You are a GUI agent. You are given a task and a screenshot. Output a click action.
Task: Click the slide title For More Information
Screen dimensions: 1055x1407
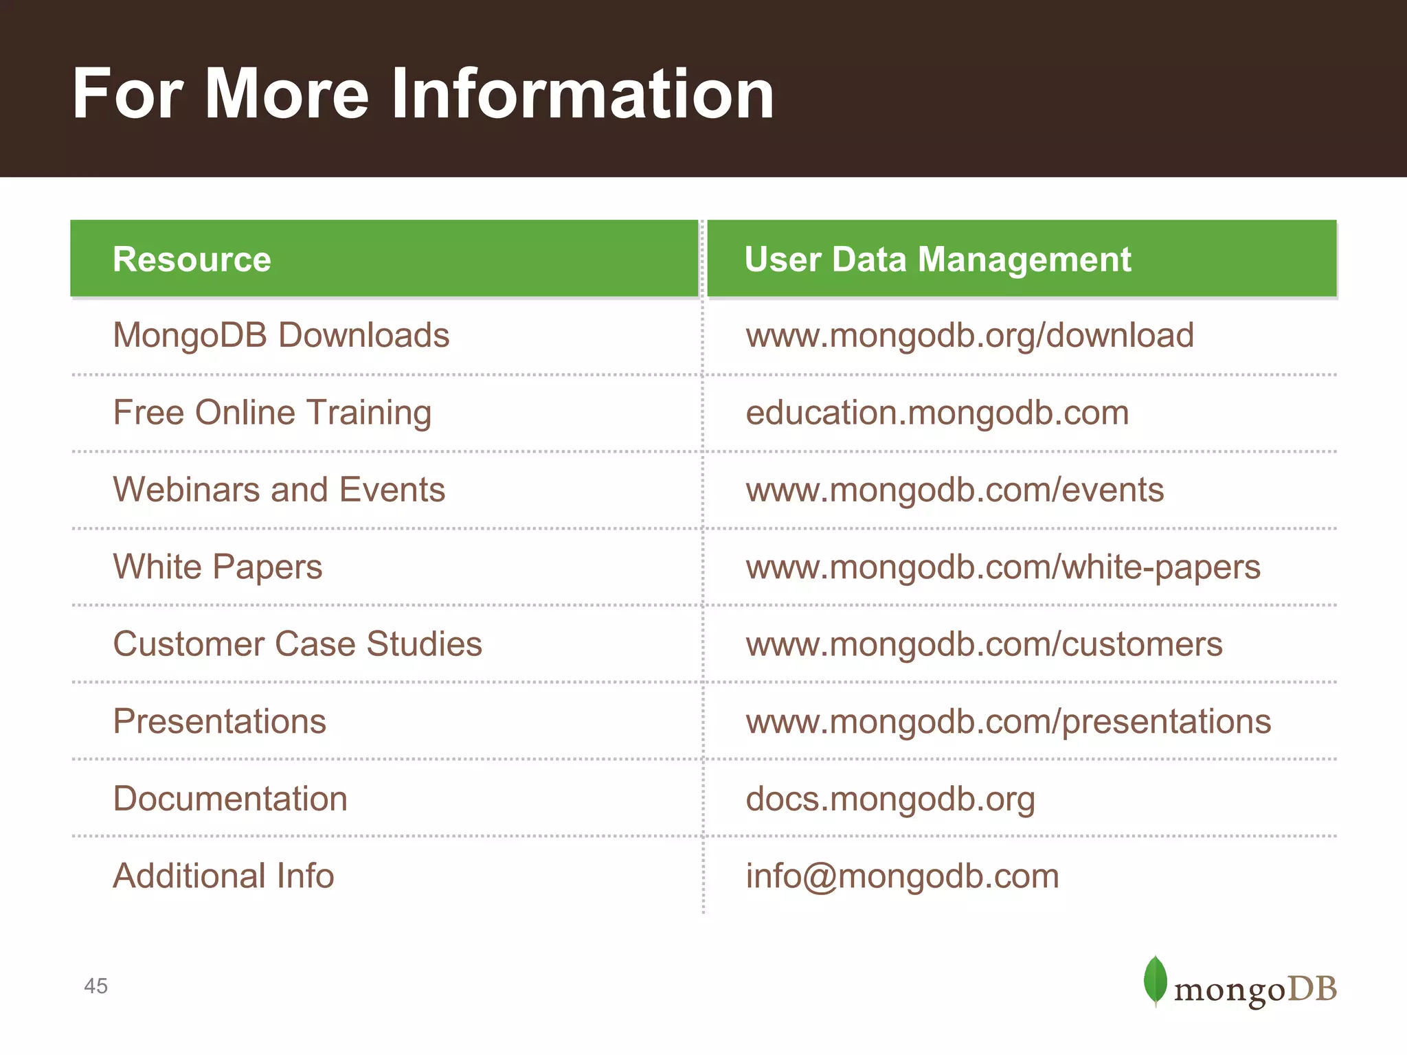[423, 94]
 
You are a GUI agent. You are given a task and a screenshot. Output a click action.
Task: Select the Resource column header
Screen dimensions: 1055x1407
[192, 260]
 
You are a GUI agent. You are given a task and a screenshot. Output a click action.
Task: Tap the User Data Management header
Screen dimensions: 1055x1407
[937, 260]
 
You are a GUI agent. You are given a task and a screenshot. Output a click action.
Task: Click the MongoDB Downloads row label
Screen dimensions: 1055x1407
[281, 335]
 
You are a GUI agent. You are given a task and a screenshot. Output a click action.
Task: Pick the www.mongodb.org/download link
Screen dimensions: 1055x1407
[969, 335]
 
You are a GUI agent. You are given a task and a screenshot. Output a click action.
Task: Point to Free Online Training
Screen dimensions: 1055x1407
[272, 413]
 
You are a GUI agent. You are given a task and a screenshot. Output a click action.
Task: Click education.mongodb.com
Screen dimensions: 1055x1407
[937, 413]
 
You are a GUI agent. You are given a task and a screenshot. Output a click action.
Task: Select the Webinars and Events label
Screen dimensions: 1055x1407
[279, 490]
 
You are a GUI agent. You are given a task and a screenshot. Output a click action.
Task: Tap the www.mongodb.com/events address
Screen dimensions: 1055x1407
[955, 490]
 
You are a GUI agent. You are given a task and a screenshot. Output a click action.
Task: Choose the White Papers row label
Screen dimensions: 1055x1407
[218, 567]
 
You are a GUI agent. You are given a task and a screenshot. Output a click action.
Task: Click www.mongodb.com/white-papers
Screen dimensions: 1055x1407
[1003, 567]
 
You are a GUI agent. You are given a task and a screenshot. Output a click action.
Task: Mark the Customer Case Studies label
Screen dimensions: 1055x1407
[297, 644]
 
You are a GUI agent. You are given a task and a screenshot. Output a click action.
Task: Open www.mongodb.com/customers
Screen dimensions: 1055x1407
[984, 644]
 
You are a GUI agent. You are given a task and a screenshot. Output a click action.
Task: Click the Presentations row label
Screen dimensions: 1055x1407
[219, 721]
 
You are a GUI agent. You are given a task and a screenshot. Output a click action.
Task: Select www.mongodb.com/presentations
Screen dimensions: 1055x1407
[1009, 721]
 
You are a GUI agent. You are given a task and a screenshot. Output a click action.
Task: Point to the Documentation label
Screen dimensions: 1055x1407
[230, 799]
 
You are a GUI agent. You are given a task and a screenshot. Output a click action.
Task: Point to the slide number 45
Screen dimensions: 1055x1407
[96, 986]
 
